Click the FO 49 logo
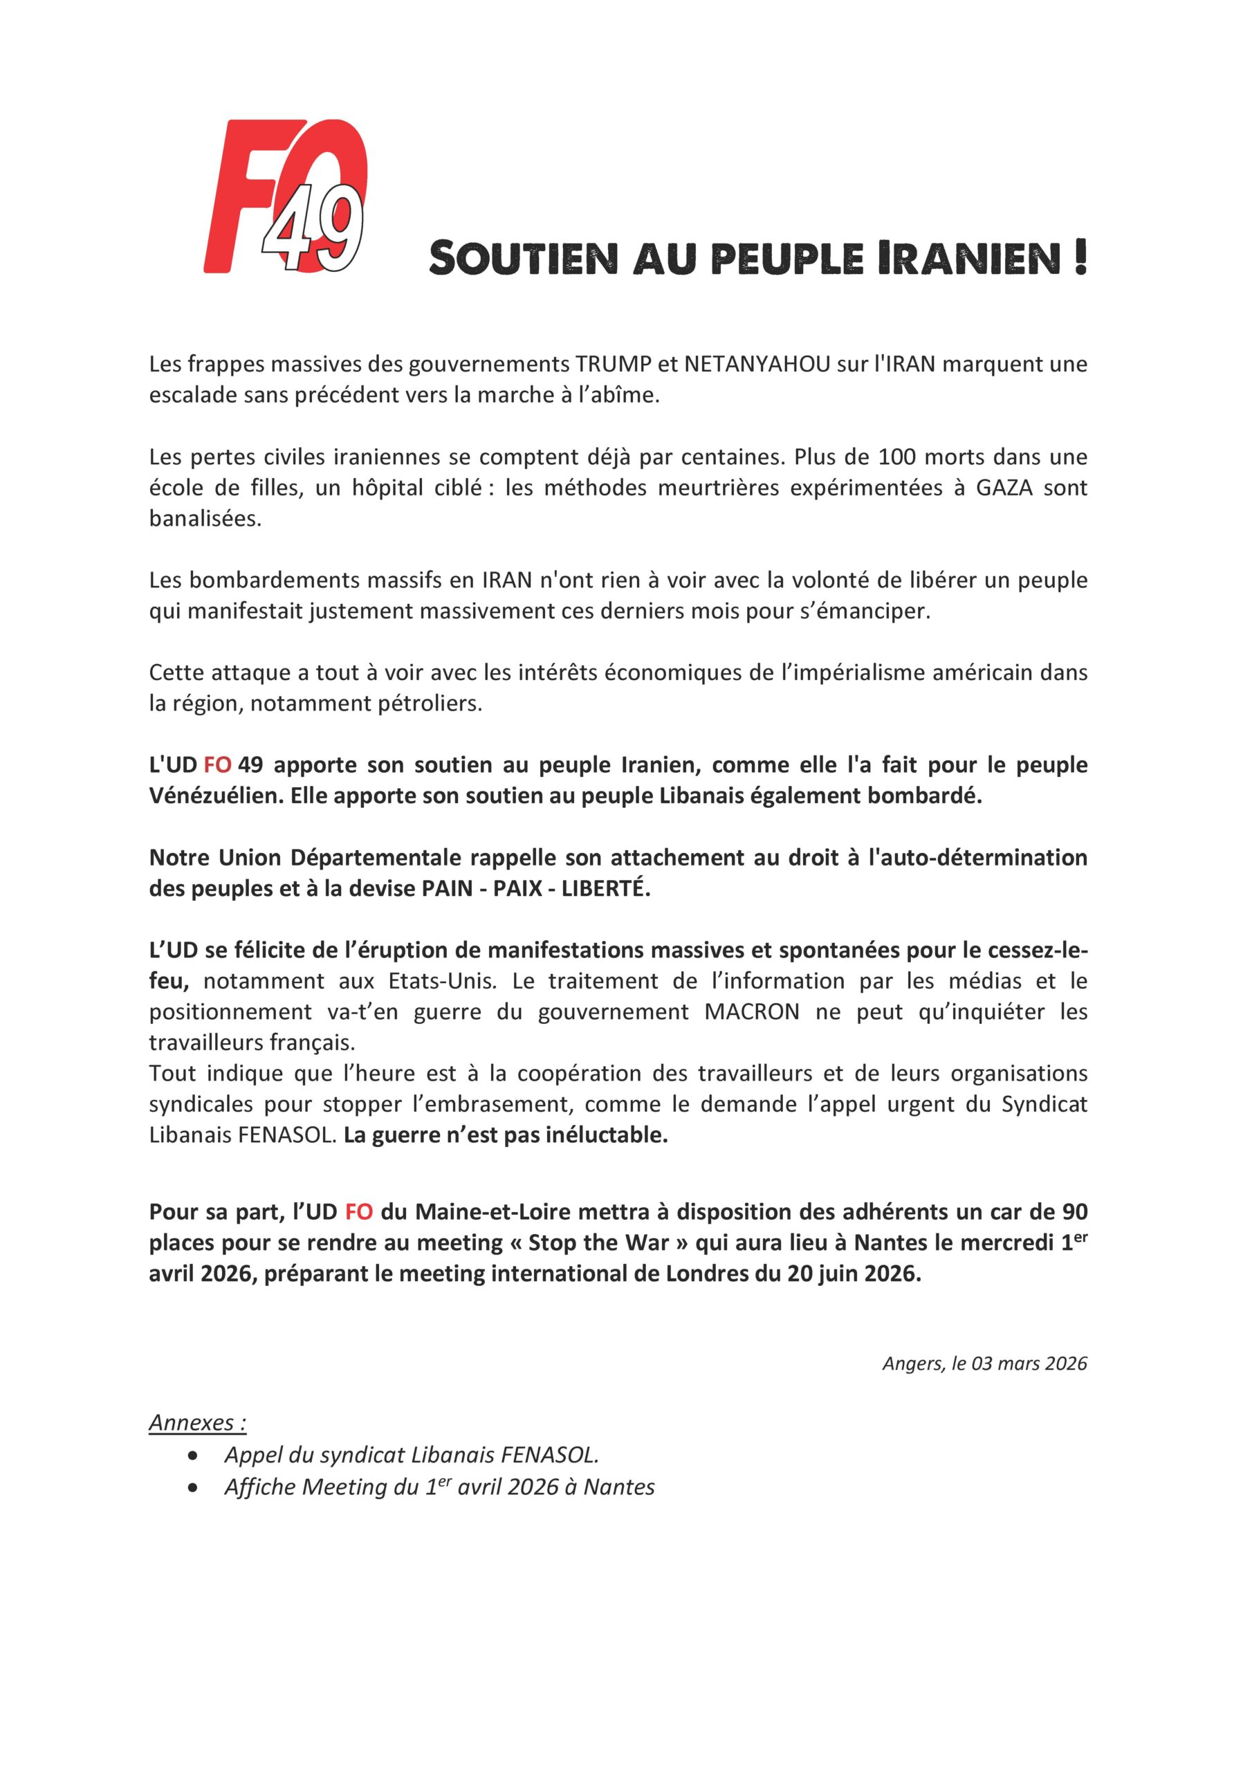[x=286, y=196]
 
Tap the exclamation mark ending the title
[x=1079, y=257]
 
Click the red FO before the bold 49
[x=217, y=765]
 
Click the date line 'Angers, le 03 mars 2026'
[x=984, y=1363]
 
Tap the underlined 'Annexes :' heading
[x=197, y=1422]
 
